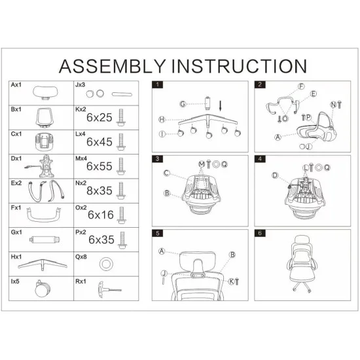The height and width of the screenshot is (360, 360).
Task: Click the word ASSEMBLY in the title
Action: click(113, 66)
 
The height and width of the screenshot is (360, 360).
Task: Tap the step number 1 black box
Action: click(158, 84)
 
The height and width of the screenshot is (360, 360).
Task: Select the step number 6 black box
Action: click(260, 233)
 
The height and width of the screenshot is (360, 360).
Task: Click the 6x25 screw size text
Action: click(99, 118)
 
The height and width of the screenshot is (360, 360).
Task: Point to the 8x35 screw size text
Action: click(99, 190)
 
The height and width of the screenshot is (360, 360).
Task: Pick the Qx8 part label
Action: click(81, 257)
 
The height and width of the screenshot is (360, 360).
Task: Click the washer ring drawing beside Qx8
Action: click(106, 264)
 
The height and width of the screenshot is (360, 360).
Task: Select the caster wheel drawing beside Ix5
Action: click(42, 289)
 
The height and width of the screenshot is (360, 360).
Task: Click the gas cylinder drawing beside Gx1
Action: click(45, 240)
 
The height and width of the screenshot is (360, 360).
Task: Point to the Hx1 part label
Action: click(16, 257)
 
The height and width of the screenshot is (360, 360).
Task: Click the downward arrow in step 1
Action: click(221, 106)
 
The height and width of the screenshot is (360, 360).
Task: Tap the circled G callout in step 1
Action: click(183, 104)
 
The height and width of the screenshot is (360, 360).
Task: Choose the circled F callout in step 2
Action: click(301, 86)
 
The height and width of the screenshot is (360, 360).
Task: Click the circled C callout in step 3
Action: click(166, 173)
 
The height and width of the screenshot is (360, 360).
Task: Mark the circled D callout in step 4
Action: click(275, 175)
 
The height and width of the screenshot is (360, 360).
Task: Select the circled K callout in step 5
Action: click(231, 281)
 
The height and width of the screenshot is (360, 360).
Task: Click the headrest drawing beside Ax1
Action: click(45, 92)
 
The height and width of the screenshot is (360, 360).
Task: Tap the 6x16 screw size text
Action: click(101, 215)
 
